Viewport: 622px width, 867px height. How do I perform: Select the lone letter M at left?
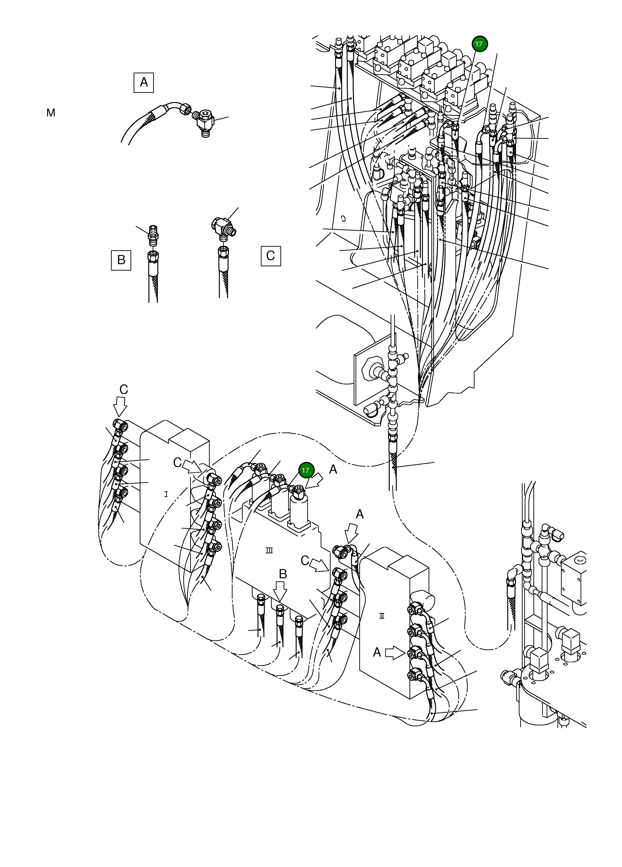coord(51,113)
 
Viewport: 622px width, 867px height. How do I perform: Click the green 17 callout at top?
coord(479,44)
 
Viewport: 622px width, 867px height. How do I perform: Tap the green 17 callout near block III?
coord(305,470)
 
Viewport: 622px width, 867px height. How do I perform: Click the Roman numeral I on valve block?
coord(166,494)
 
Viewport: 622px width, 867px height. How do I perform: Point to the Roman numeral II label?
coord(381,616)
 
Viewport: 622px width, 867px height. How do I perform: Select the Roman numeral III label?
coord(269,551)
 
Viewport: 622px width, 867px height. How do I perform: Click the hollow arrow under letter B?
coord(280,592)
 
